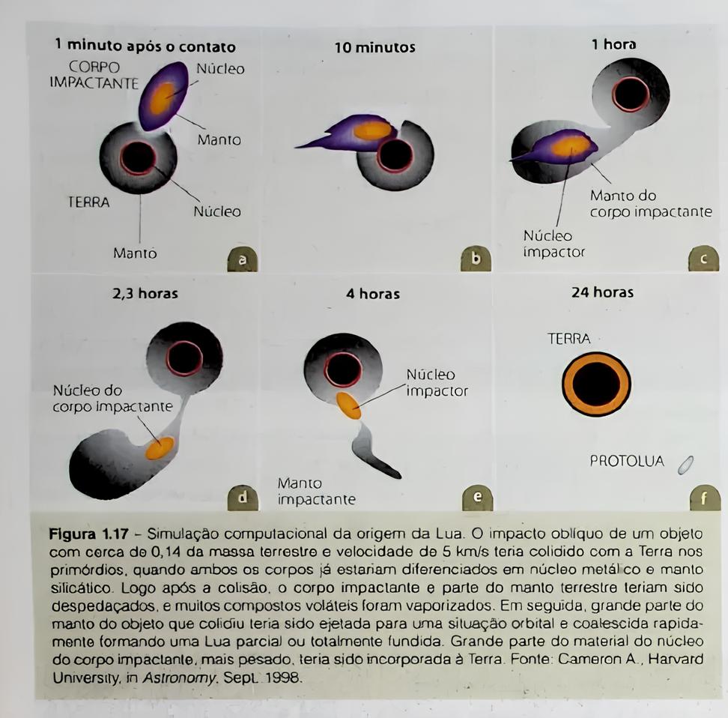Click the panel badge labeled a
pyautogui.click(x=242, y=260)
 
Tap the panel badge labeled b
pyautogui.click(x=476, y=259)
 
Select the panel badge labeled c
pyautogui.click(x=703, y=259)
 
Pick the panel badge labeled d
pyautogui.click(x=242, y=497)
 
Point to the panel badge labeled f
pyautogui.click(x=704, y=498)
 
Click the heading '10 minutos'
pyautogui.click(x=374, y=48)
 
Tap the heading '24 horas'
pyautogui.click(x=602, y=292)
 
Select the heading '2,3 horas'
pyautogui.click(x=145, y=293)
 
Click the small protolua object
pyautogui.click(x=685, y=465)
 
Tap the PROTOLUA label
pyautogui.click(x=627, y=462)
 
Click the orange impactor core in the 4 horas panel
pyautogui.click(x=348, y=405)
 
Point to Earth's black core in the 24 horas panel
pyautogui.click(x=596, y=383)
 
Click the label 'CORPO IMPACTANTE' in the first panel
pyautogui.click(x=94, y=75)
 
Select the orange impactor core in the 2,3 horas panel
pyautogui.click(x=160, y=447)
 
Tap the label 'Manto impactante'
pyautogui.click(x=316, y=492)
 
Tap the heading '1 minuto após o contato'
pyautogui.click(x=145, y=46)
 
